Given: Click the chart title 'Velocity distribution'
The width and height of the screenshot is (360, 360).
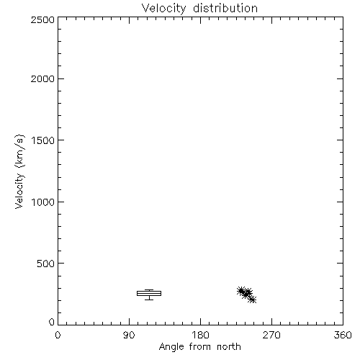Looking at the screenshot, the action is click(199, 9).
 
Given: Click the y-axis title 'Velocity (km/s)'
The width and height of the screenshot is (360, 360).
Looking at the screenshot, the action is click(19, 171).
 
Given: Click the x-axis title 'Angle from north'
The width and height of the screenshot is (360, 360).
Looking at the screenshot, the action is click(200, 347).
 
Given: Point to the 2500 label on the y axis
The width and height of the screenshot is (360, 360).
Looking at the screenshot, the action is click(42, 19).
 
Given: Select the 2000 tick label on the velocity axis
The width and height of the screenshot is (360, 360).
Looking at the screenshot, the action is click(42, 78).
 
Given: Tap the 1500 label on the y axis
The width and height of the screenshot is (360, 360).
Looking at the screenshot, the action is click(43, 140).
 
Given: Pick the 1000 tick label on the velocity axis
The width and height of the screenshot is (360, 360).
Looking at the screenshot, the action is click(43, 202).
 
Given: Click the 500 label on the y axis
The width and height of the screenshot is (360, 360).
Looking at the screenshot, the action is click(46, 264).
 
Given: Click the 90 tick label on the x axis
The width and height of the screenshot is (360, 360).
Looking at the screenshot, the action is click(129, 335).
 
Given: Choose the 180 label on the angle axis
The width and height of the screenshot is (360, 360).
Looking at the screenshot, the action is click(200, 335).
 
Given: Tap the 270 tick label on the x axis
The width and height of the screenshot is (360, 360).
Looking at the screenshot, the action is click(271, 335).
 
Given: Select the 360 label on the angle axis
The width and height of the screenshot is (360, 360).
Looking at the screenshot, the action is click(343, 335).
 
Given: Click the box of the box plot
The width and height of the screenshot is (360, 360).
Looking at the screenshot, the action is click(149, 291).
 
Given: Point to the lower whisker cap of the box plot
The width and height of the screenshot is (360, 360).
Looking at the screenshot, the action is click(149, 300).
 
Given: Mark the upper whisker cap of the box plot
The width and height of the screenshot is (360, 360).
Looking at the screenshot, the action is click(149, 289).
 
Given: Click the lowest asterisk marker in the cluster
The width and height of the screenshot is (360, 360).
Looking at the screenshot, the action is click(252, 300).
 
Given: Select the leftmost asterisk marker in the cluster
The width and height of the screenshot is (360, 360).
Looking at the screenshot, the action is click(240, 291).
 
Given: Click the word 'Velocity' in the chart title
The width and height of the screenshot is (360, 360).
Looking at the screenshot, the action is click(163, 9).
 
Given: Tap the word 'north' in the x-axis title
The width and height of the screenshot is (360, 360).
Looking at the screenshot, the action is click(229, 347).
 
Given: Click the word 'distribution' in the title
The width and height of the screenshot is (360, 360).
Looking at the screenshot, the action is click(225, 9).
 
